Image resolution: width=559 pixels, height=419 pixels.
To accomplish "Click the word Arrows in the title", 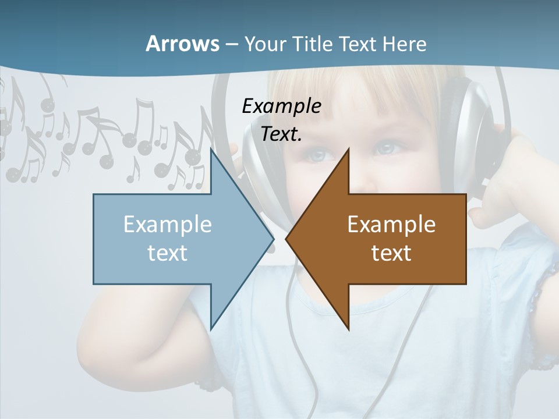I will pyautogui.click(x=182, y=44).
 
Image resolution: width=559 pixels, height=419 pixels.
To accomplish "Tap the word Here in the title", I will pyautogui.click(x=404, y=44).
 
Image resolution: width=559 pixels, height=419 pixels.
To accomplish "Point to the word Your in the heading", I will pyautogui.click(x=266, y=44).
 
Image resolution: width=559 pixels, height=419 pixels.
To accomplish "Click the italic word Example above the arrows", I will pyautogui.click(x=281, y=106).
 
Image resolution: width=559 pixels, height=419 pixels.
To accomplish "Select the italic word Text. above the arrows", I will pyautogui.click(x=281, y=134).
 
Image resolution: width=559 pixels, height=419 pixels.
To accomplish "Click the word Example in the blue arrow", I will pyautogui.click(x=167, y=224).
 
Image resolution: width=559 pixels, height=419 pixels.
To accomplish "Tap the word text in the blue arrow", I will pyautogui.click(x=167, y=253).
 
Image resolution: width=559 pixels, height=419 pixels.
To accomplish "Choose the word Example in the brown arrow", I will pyautogui.click(x=391, y=224).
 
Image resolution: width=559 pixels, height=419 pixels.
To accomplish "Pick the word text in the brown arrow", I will pyautogui.click(x=391, y=253).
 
